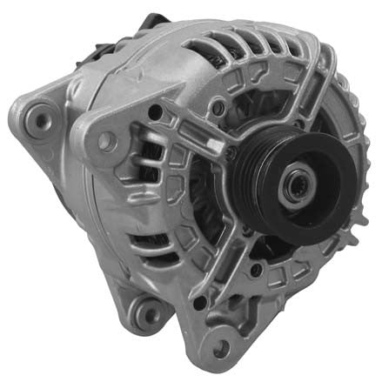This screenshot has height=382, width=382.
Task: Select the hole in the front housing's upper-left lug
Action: (x=106, y=139)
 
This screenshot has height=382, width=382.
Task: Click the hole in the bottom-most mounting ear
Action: (x=221, y=348)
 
